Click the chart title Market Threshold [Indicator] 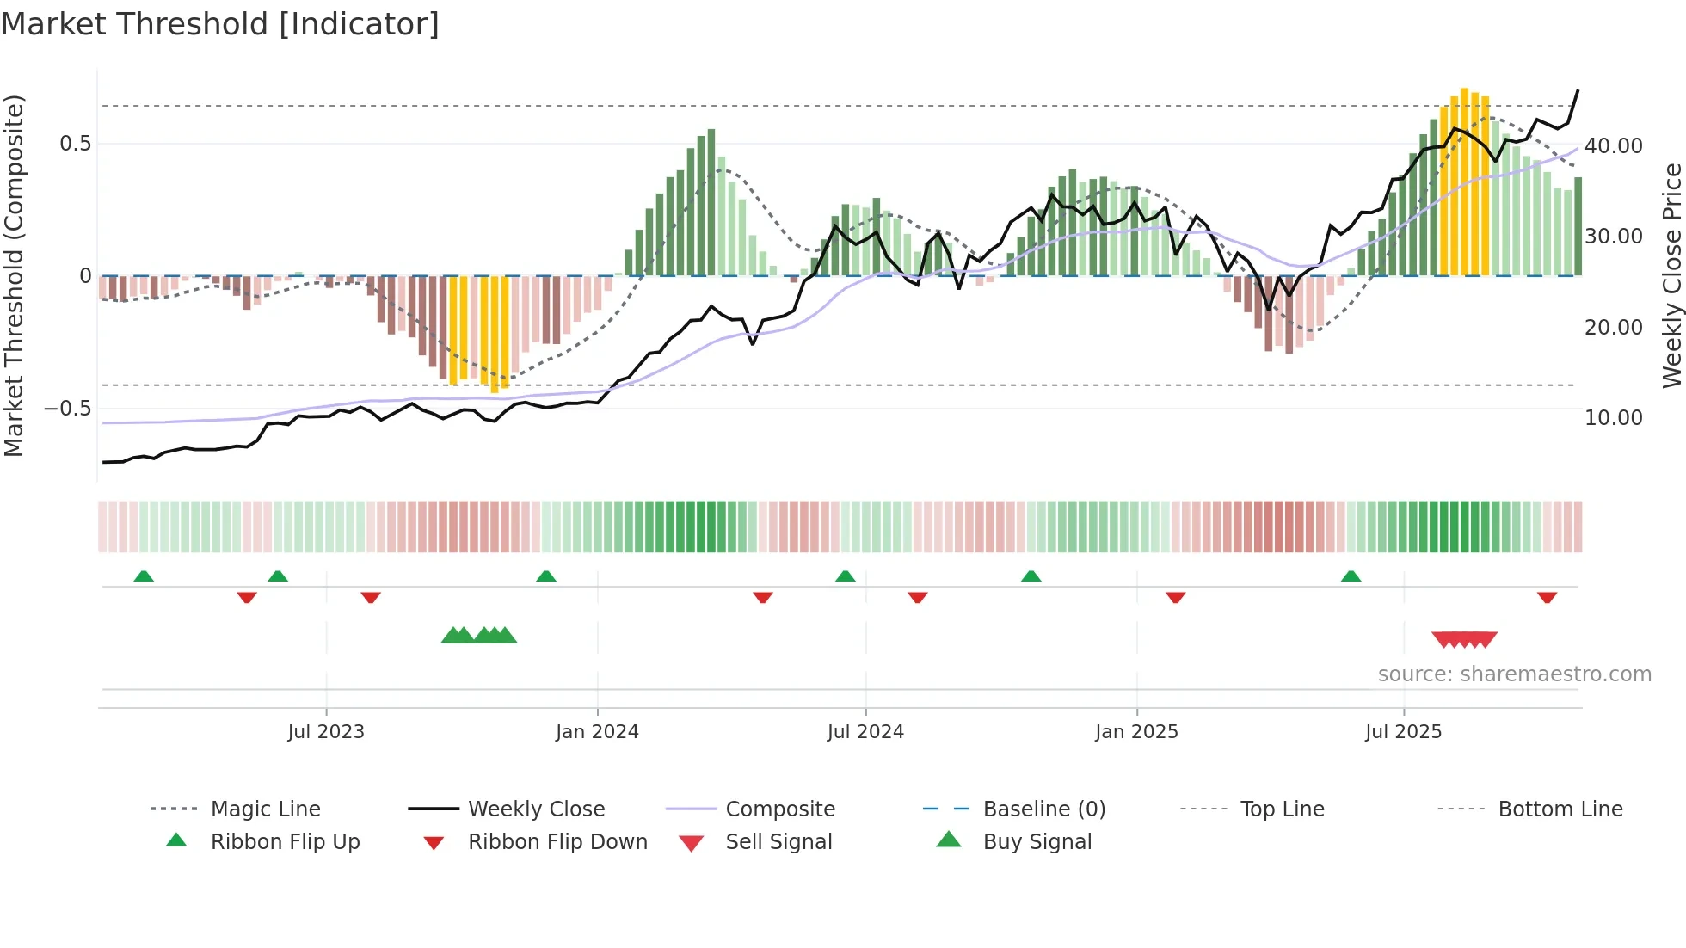(220, 24)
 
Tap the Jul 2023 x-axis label (326, 732)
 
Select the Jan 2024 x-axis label (597, 732)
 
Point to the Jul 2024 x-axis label (865, 732)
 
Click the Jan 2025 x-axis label (1136, 732)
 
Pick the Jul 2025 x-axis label (1403, 732)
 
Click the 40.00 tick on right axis (1613, 146)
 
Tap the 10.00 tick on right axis (1613, 418)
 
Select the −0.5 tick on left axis (68, 409)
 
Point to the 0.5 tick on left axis (76, 144)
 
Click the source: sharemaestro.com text (1514, 674)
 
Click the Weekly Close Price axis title (1671, 275)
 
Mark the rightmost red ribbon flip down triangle (1547, 597)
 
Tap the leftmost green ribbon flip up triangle (144, 576)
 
